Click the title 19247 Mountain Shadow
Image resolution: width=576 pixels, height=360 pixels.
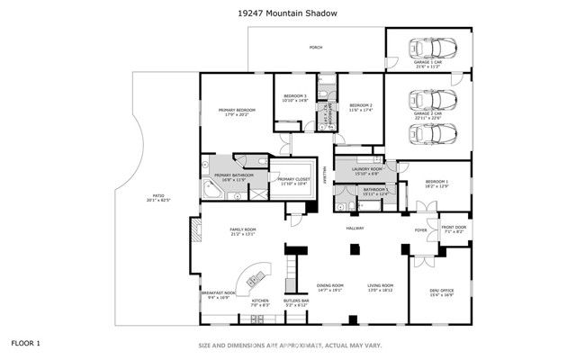pyautogui.click(x=288, y=13)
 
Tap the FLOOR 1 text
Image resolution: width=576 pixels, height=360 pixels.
pyautogui.click(x=26, y=343)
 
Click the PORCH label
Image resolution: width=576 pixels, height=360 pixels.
pyautogui.click(x=315, y=47)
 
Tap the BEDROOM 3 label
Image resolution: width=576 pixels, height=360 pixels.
pyautogui.click(x=295, y=96)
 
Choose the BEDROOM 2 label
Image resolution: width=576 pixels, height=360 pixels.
pyautogui.click(x=360, y=106)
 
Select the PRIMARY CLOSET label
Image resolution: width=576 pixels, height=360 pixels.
pyautogui.click(x=293, y=181)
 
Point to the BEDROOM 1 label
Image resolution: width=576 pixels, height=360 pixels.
pyautogui.click(x=435, y=183)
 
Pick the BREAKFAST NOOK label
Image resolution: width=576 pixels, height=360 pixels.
pyautogui.click(x=217, y=292)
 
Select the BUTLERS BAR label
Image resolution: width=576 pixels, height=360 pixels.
pyautogui.click(x=296, y=301)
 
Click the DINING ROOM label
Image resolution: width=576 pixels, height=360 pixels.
pyautogui.click(x=330, y=286)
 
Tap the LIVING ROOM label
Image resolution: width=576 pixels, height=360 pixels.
pyautogui.click(x=381, y=286)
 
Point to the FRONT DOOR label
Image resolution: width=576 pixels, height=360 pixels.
pyautogui.click(x=454, y=229)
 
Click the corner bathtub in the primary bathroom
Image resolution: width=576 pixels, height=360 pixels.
pyautogui.click(x=211, y=190)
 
